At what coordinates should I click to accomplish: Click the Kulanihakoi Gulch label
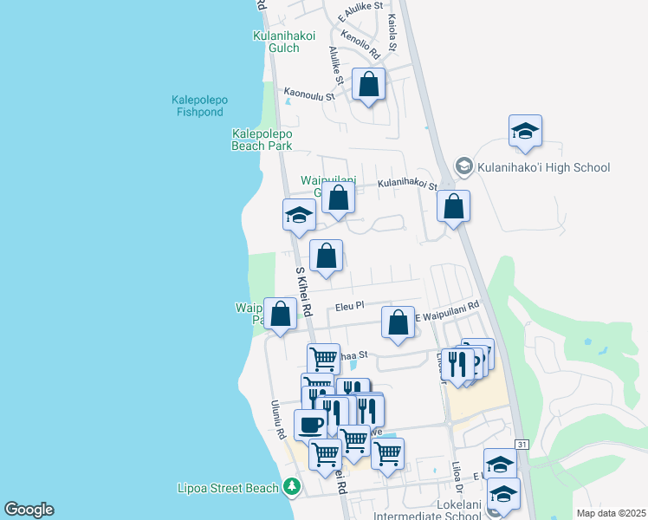[x=284, y=42]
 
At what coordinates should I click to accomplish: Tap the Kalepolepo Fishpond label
[x=201, y=106]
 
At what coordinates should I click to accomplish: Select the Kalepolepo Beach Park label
[x=262, y=140]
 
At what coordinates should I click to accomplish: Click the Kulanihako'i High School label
[x=543, y=167]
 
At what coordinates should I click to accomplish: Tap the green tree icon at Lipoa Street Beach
[x=293, y=486]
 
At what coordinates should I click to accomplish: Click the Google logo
[x=29, y=510]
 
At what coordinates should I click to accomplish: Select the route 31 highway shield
[x=522, y=444]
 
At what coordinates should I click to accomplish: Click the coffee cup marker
[x=311, y=426]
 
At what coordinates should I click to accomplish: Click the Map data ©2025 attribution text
[x=610, y=513]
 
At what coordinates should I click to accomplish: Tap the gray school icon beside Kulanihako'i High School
[x=463, y=166]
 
